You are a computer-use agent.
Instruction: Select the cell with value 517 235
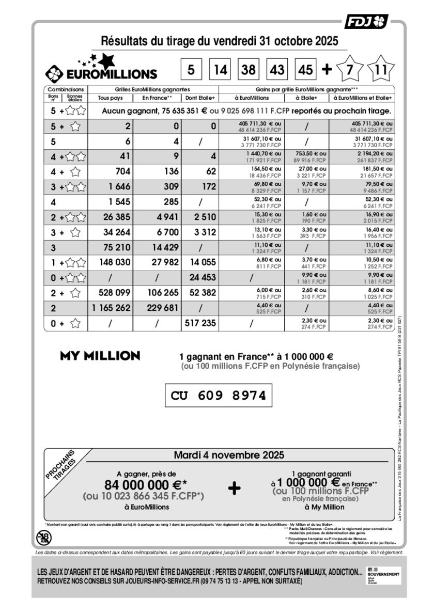click(201, 324)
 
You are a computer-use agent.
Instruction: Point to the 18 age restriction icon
click(44, 538)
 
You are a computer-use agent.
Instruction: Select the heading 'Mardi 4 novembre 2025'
click(228, 455)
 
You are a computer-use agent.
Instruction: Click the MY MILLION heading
click(100, 356)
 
